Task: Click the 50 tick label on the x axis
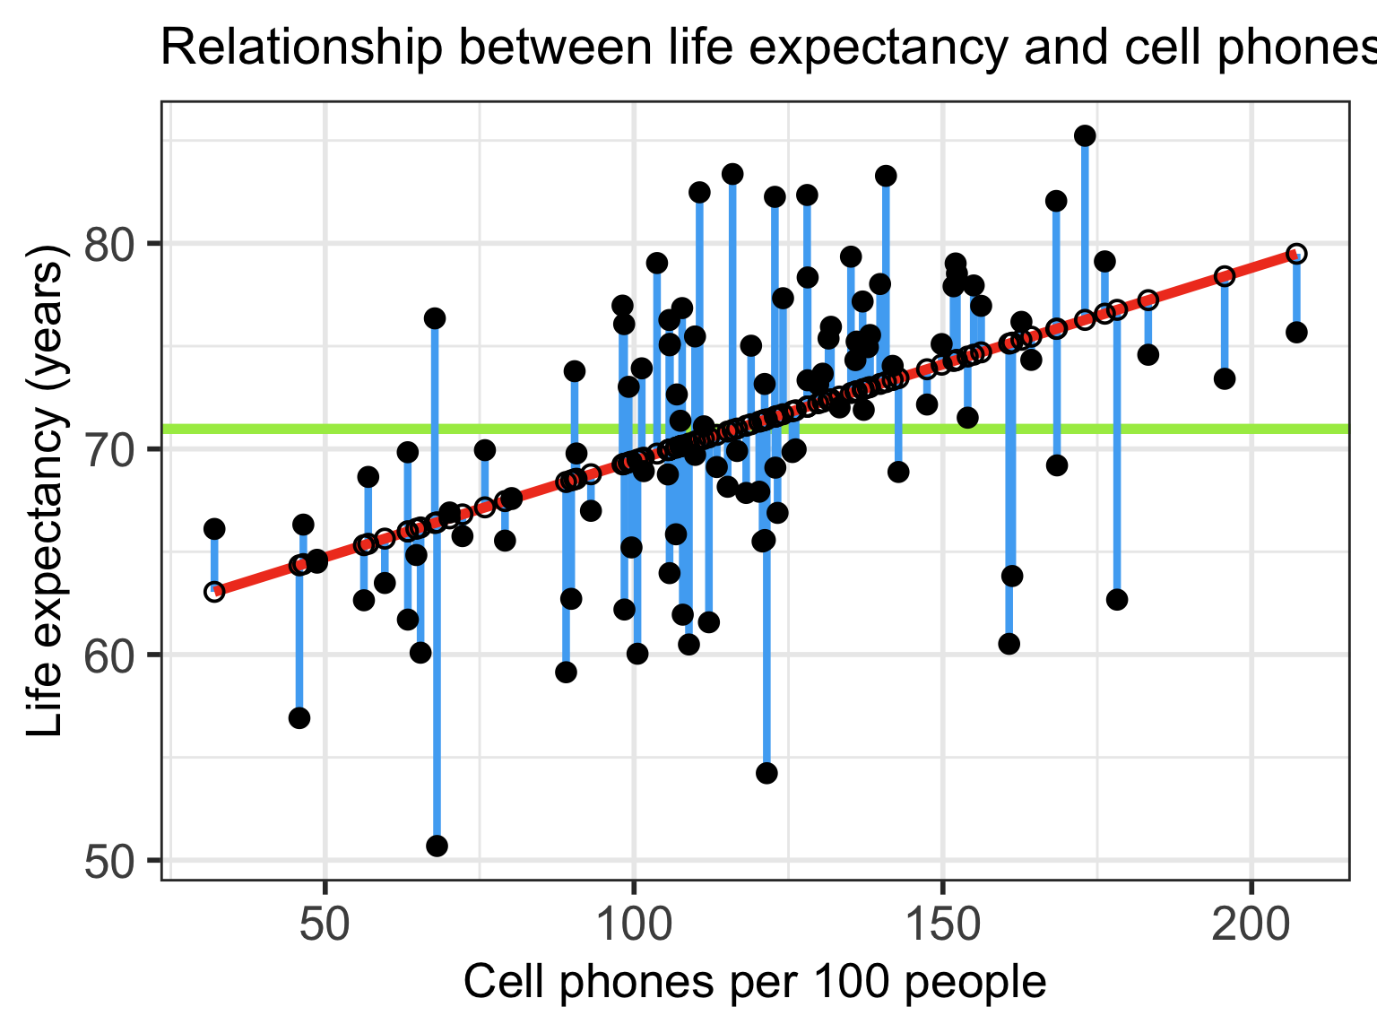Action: coord(325,925)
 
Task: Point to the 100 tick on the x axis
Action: coord(634,925)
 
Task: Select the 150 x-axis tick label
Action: coord(942,925)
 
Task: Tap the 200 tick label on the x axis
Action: coord(1251,925)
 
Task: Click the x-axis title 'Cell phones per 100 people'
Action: coord(755,983)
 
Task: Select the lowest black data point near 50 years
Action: coord(437,846)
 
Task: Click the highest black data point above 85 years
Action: coord(1085,135)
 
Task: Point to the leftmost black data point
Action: coord(214,529)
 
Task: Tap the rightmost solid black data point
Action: coord(1296,332)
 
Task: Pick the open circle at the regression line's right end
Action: coord(1296,254)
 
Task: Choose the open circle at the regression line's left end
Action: coord(214,592)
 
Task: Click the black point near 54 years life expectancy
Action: coord(766,773)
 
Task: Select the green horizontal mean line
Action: coord(1165,429)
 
